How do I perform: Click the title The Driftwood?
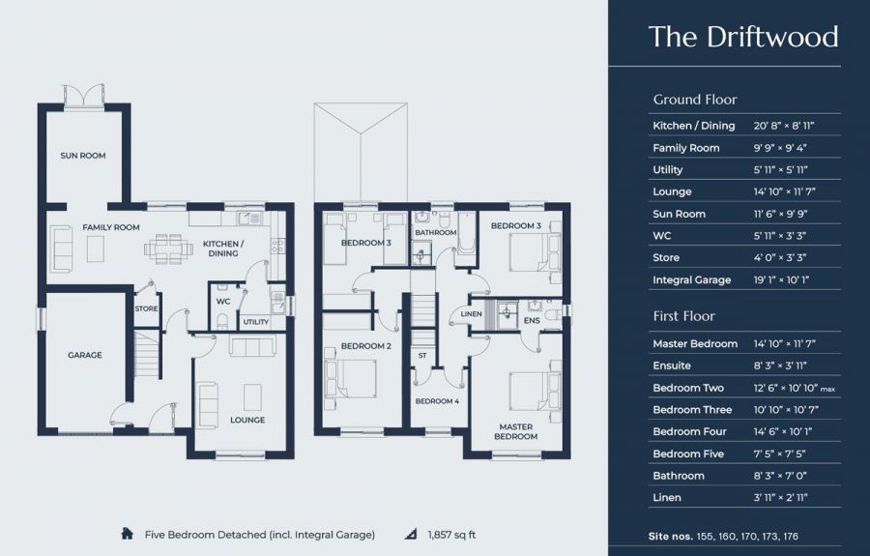[x=743, y=37]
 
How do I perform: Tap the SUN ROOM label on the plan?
[x=83, y=156]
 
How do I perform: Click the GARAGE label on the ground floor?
[x=85, y=355]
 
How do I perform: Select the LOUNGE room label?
[x=247, y=420]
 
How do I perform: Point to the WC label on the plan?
[x=223, y=302]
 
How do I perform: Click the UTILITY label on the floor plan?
[x=256, y=322]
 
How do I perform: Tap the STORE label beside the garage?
[x=147, y=309]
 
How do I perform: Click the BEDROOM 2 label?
[x=366, y=346]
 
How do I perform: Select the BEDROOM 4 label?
[x=437, y=401]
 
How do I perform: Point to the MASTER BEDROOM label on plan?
[x=516, y=431]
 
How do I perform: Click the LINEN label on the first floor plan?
[x=471, y=314]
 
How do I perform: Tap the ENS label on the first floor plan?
[x=532, y=321]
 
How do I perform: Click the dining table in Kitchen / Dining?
[x=168, y=249]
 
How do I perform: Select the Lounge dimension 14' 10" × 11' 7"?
[x=784, y=192]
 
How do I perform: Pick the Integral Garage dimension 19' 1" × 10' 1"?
[x=781, y=280]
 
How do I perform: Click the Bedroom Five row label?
[x=688, y=454]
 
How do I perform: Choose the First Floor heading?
[x=683, y=316]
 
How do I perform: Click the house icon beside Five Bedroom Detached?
[x=127, y=534]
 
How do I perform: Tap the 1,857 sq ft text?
[x=451, y=535]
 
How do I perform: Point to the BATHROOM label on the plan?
[x=436, y=232]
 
